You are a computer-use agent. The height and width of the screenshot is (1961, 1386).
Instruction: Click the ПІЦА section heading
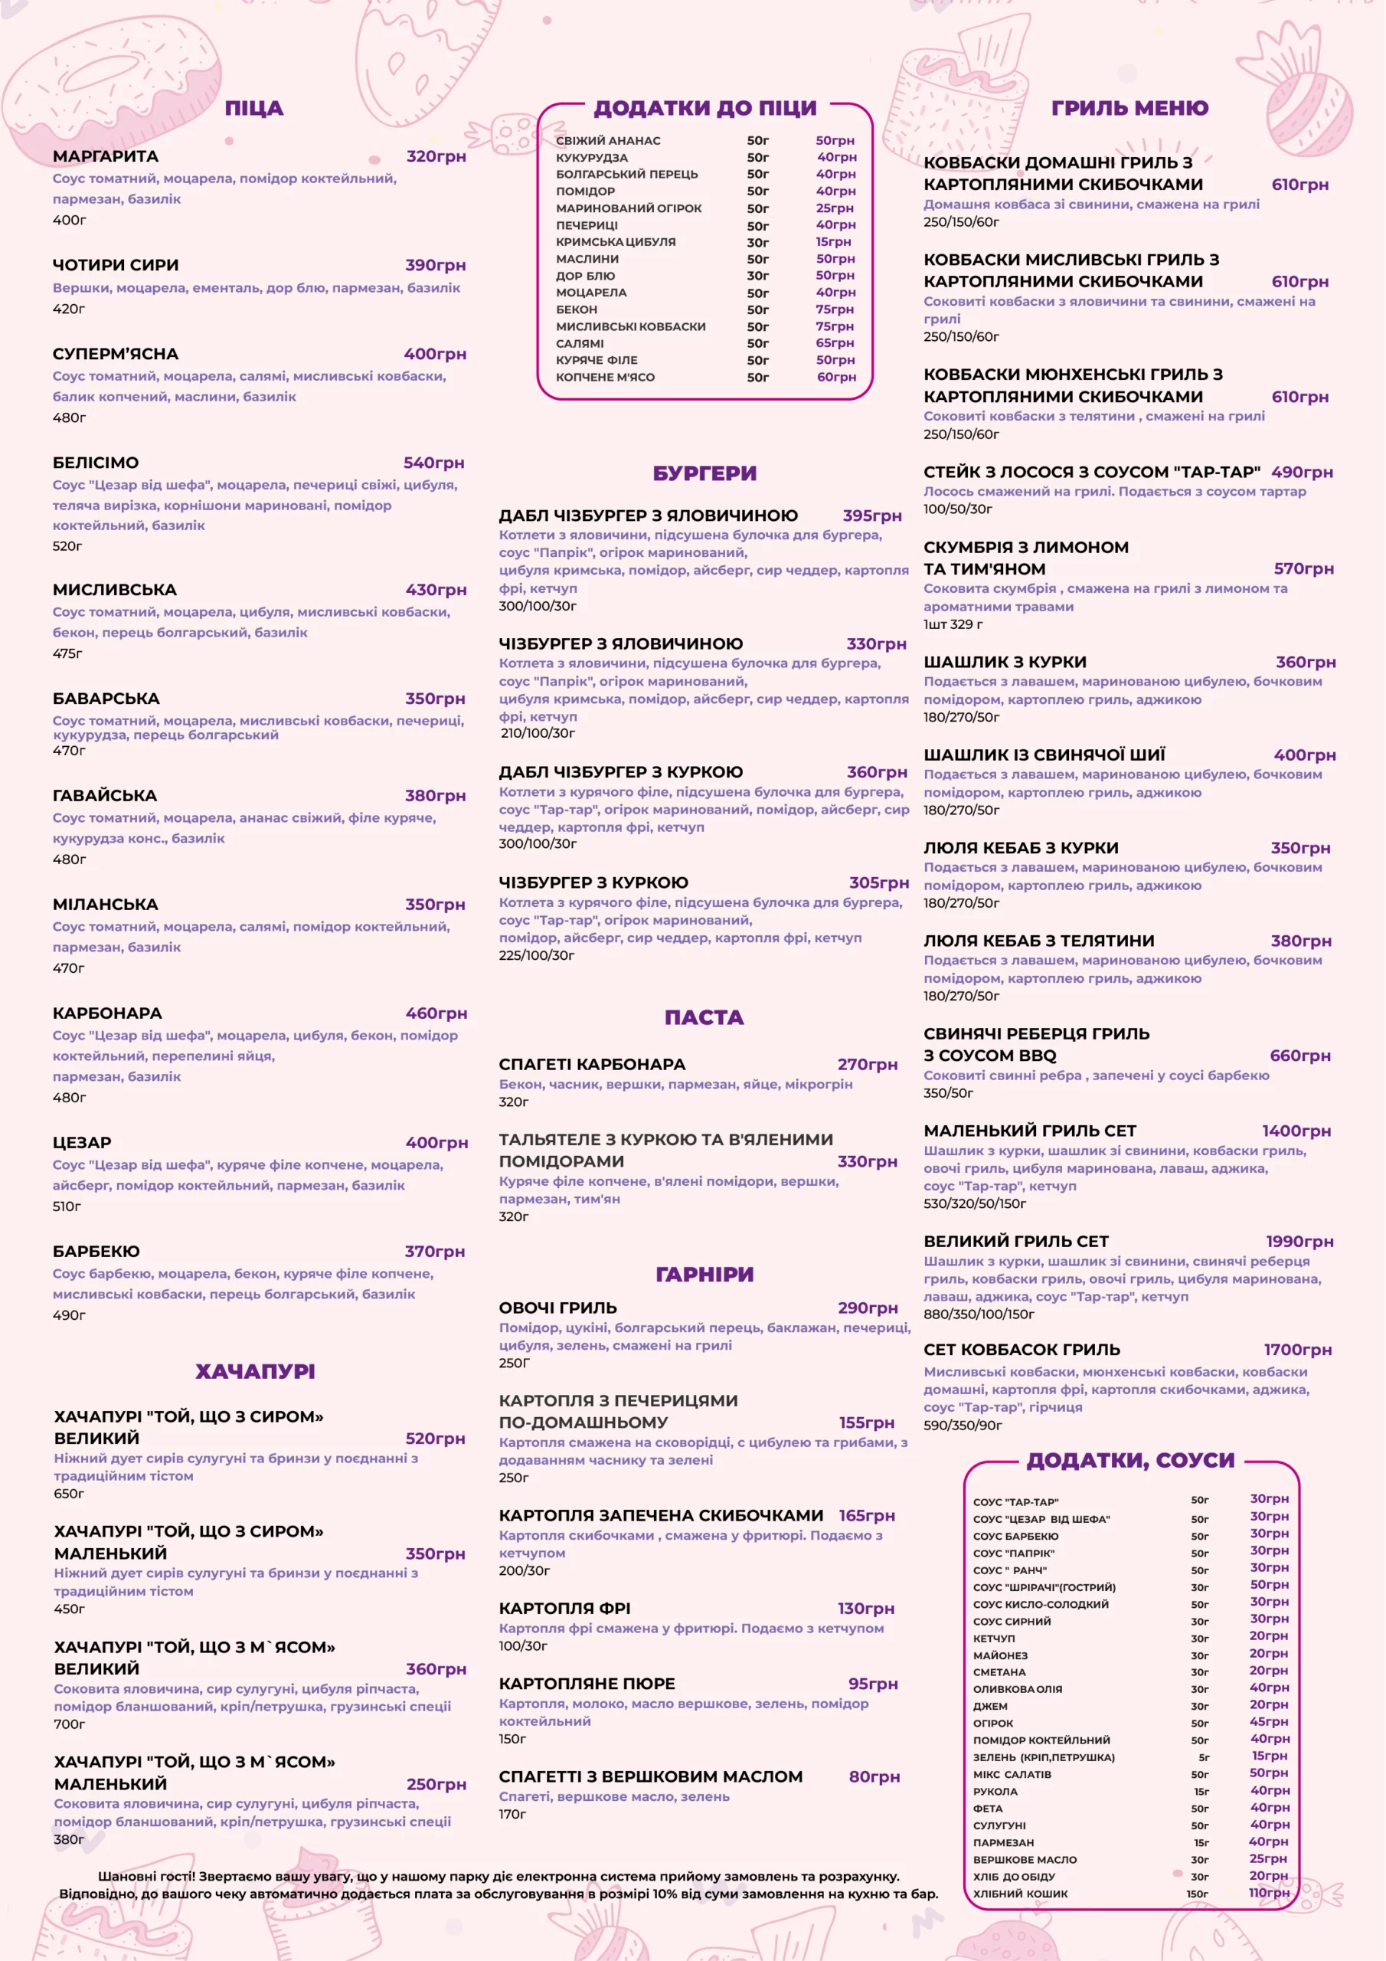(253, 109)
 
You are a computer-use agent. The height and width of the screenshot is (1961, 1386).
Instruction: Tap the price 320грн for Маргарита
(436, 156)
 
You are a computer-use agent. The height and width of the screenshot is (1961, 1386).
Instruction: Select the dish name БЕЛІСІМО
(96, 463)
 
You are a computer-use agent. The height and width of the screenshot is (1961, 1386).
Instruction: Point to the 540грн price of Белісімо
(434, 463)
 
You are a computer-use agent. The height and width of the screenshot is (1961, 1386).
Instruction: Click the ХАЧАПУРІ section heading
(254, 1372)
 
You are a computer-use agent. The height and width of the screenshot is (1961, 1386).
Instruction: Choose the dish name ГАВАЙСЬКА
(104, 796)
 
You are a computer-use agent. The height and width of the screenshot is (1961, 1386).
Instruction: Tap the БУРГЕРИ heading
(704, 473)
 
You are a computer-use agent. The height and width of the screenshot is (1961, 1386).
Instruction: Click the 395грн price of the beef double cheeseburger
(872, 516)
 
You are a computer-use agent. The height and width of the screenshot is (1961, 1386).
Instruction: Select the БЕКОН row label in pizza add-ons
(577, 310)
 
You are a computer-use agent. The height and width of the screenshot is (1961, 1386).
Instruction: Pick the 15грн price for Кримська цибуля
(832, 242)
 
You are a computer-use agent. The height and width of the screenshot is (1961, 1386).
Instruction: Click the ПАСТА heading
(704, 1017)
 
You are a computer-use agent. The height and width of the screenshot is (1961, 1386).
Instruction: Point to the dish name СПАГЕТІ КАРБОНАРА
(592, 1064)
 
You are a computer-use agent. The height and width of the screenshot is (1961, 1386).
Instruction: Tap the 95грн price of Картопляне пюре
(873, 1684)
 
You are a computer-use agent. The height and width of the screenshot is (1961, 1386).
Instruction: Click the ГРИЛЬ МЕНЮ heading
(1129, 109)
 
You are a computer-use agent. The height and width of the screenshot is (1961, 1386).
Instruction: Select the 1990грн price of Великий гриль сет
(1299, 1242)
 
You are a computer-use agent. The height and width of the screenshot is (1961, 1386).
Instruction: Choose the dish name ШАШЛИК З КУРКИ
(1004, 662)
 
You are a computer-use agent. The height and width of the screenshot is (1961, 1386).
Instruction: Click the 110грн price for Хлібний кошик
(1268, 1893)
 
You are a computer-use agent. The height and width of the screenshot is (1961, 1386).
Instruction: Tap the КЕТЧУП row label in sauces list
(994, 1639)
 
